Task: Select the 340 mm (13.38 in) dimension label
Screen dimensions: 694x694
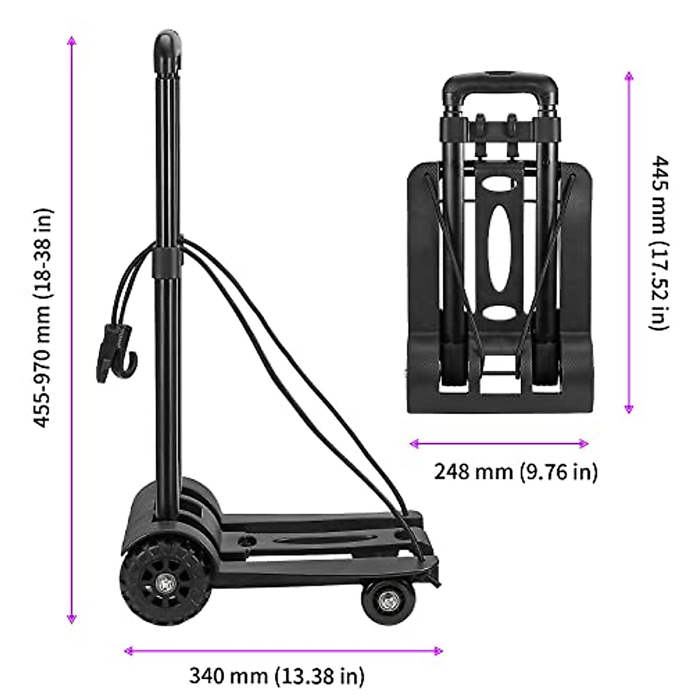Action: [x=276, y=675]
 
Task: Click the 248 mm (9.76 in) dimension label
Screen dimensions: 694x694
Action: [x=515, y=471]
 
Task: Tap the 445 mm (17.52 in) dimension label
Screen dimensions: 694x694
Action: [x=659, y=243]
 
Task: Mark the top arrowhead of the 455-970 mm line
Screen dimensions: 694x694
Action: [x=72, y=40]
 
